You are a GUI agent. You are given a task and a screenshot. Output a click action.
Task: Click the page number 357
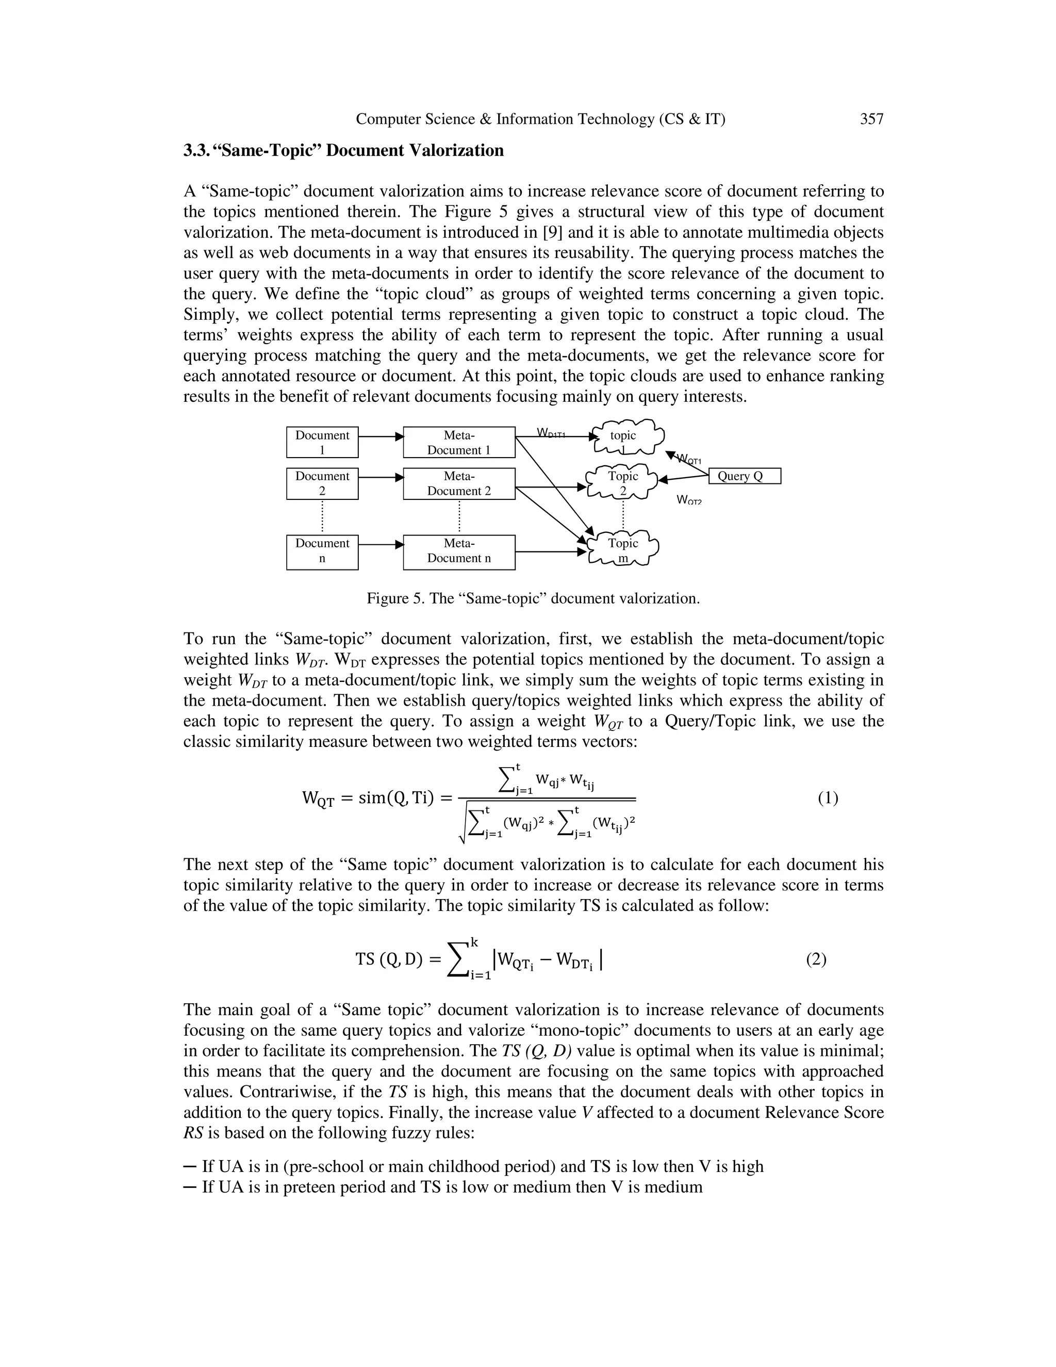point(871,119)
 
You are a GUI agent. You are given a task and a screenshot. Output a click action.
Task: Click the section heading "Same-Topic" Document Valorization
point(343,151)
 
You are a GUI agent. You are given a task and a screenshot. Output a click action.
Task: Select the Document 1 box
point(322,443)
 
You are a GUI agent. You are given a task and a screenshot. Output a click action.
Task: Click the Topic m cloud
point(623,548)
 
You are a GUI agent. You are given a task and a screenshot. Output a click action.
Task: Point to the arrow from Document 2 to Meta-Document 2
point(381,478)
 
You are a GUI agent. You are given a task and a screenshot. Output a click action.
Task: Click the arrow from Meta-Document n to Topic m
point(551,551)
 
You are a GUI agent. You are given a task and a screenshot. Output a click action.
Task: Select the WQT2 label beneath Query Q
point(689,500)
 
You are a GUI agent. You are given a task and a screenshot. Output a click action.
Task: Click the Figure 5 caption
point(533,598)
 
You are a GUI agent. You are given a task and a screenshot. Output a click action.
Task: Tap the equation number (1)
point(828,798)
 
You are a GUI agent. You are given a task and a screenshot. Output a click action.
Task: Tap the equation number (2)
point(816,959)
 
